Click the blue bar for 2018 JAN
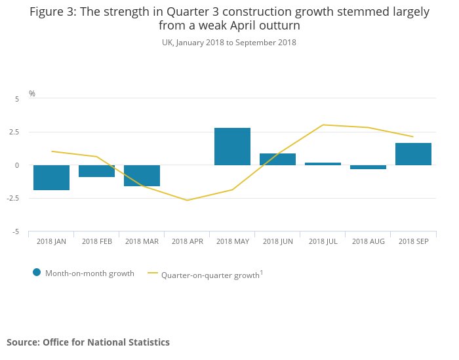(x=51, y=178)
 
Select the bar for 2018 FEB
(x=96, y=171)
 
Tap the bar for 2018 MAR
(x=142, y=176)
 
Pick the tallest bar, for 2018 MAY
(x=232, y=146)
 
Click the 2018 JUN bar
(x=277, y=159)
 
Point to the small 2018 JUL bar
(x=323, y=164)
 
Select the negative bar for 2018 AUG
(x=368, y=167)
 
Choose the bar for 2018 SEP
(x=413, y=154)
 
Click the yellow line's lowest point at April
(x=187, y=200)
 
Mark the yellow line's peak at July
(x=323, y=125)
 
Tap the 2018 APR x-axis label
(x=187, y=242)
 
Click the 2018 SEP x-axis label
(x=413, y=242)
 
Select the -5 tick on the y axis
(x=16, y=231)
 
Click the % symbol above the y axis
(x=31, y=94)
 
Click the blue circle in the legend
(x=37, y=273)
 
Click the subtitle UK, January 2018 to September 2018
(x=229, y=43)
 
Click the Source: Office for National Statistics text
(x=88, y=342)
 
